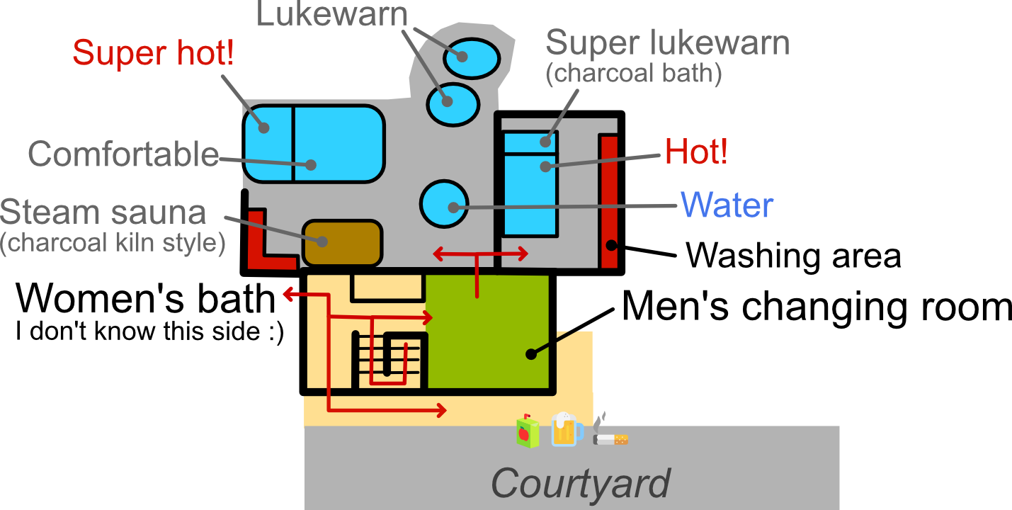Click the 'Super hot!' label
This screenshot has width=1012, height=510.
153,53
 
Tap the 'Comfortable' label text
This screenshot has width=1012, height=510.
123,154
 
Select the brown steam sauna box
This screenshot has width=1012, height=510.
343,242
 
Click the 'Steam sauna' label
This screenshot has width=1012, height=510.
103,212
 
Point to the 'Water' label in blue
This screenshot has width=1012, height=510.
727,205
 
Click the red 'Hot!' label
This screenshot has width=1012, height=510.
696,152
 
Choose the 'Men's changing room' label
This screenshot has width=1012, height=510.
817,307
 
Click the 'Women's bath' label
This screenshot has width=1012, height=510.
146,299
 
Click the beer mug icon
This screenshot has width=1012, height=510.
567,429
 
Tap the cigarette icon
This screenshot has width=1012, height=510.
610,433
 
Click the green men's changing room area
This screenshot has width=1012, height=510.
489,333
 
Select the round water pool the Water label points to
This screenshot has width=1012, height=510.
444,204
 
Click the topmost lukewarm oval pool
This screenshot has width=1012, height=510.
471,57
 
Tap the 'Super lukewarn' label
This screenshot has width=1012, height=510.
667,43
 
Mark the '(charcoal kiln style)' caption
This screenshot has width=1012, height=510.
113,243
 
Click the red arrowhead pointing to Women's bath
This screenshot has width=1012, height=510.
288,294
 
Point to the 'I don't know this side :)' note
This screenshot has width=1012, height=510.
149,331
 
